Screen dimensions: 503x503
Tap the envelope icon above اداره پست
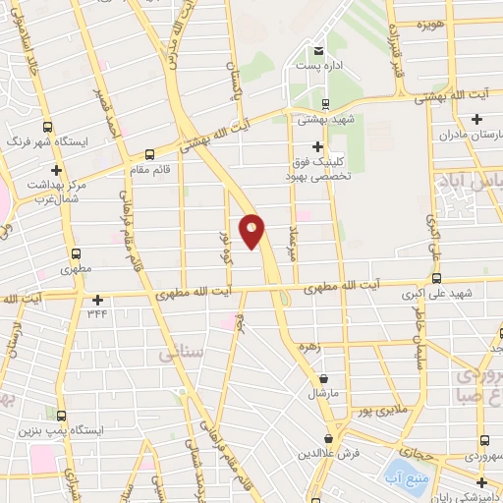[x=317, y=51]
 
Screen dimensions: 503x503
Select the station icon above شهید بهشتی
[x=325, y=104]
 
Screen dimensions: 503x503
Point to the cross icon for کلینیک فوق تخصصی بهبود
[x=316, y=146]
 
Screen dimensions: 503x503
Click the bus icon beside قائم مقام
[x=148, y=153]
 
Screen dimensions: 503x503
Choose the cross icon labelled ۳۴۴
[x=97, y=300]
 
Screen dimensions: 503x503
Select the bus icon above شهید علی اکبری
[x=436, y=279]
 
